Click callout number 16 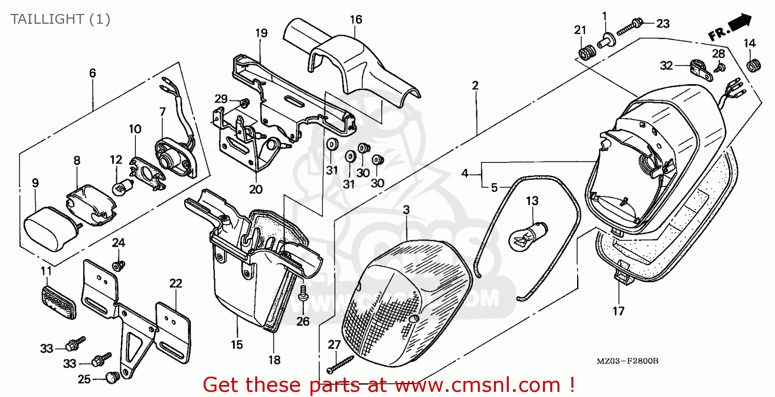pyautogui.click(x=355, y=20)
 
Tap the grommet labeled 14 pyautogui.click(x=753, y=66)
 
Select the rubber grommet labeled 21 pyautogui.click(x=585, y=53)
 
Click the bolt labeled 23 pyautogui.click(x=629, y=25)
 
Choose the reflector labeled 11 pyautogui.click(x=58, y=299)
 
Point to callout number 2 pyautogui.click(x=475, y=85)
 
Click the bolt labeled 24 pyautogui.click(x=119, y=265)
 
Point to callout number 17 pyautogui.click(x=618, y=311)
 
